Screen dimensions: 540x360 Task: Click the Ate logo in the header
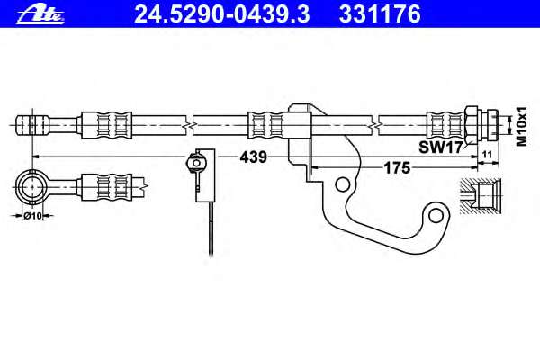[x=40, y=15]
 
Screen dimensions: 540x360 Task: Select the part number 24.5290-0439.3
[x=222, y=14]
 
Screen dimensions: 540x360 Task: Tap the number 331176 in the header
[x=380, y=14]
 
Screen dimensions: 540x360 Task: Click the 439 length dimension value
[x=254, y=157]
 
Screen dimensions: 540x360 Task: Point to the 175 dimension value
[x=397, y=168]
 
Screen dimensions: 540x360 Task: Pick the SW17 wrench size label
[x=440, y=148]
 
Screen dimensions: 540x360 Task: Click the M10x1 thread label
[x=522, y=126]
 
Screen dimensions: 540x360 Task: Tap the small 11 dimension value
[x=487, y=154]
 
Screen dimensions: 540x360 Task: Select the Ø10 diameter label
[x=33, y=216]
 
